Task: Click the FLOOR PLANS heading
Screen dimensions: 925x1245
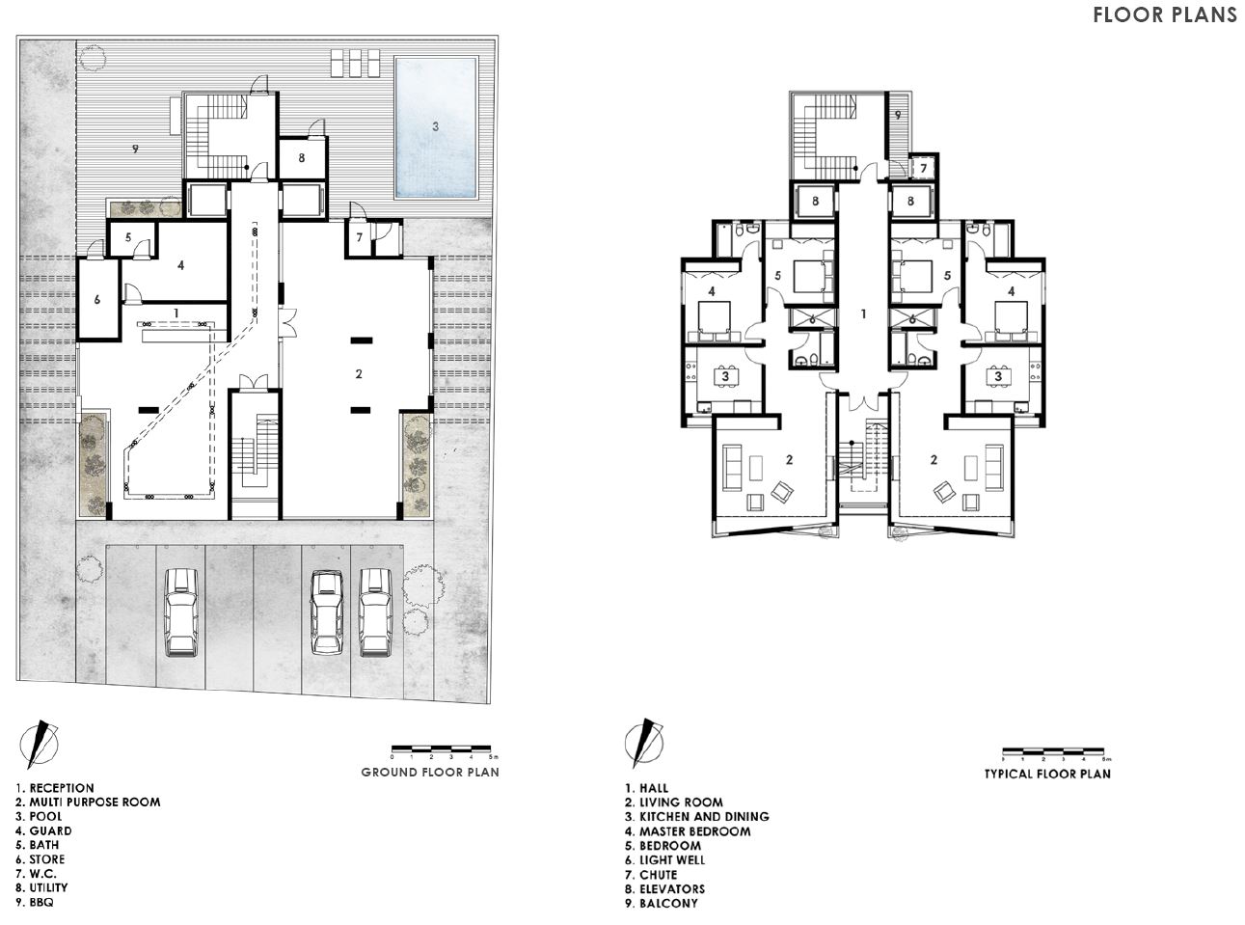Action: tap(1164, 14)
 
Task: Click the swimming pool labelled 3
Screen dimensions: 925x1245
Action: tap(436, 126)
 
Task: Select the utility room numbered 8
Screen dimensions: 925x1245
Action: tap(302, 158)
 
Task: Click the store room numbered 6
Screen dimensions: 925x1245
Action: tap(97, 300)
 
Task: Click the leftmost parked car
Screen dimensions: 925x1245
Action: tap(181, 612)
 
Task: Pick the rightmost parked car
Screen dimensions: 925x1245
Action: tap(375, 612)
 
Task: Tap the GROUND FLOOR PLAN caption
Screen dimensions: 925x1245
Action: tap(429, 772)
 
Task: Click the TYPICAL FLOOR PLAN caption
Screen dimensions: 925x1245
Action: tap(1047, 774)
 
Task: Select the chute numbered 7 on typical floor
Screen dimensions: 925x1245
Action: tap(922, 169)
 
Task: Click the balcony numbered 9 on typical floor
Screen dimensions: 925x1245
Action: tap(897, 116)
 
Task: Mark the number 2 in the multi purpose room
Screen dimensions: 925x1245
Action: tap(358, 373)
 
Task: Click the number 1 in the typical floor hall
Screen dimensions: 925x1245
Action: tap(864, 314)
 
